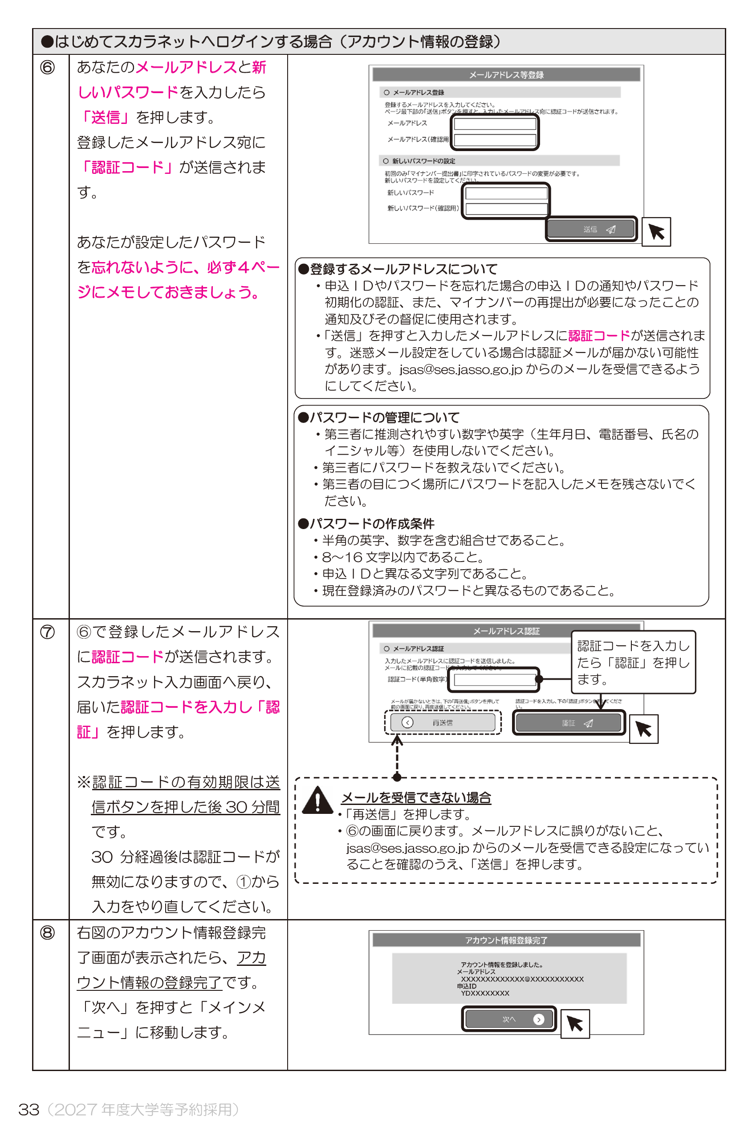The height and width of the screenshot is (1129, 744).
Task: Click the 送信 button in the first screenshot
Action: [x=591, y=230]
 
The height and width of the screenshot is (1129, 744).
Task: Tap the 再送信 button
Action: [x=442, y=723]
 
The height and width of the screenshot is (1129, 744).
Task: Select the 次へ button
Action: [x=509, y=1019]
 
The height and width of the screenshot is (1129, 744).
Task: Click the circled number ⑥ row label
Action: [x=48, y=67]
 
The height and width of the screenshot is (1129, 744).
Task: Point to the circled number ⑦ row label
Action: [x=48, y=632]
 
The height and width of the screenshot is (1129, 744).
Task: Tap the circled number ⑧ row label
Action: [x=48, y=932]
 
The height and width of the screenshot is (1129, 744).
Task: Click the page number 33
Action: [x=28, y=1109]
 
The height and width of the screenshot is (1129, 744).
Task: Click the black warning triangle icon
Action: [x=317, y=801]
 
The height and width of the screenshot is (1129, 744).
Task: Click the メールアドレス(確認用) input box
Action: [x=495, y=140]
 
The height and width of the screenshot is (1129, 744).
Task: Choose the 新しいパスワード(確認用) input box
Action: [x=506, y=209]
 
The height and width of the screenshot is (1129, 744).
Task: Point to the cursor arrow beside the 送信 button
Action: [x=656, y=232]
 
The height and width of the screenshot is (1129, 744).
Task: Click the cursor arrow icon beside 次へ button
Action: [x=575, y=1023]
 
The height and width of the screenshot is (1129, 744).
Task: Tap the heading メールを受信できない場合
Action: [x=416, y=797]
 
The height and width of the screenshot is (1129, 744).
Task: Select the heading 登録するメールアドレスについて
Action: [x=403, y=269]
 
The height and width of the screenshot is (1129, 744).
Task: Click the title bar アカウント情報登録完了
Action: [x=506, y=940]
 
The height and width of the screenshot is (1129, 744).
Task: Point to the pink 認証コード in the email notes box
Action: [x=599, y=336]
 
